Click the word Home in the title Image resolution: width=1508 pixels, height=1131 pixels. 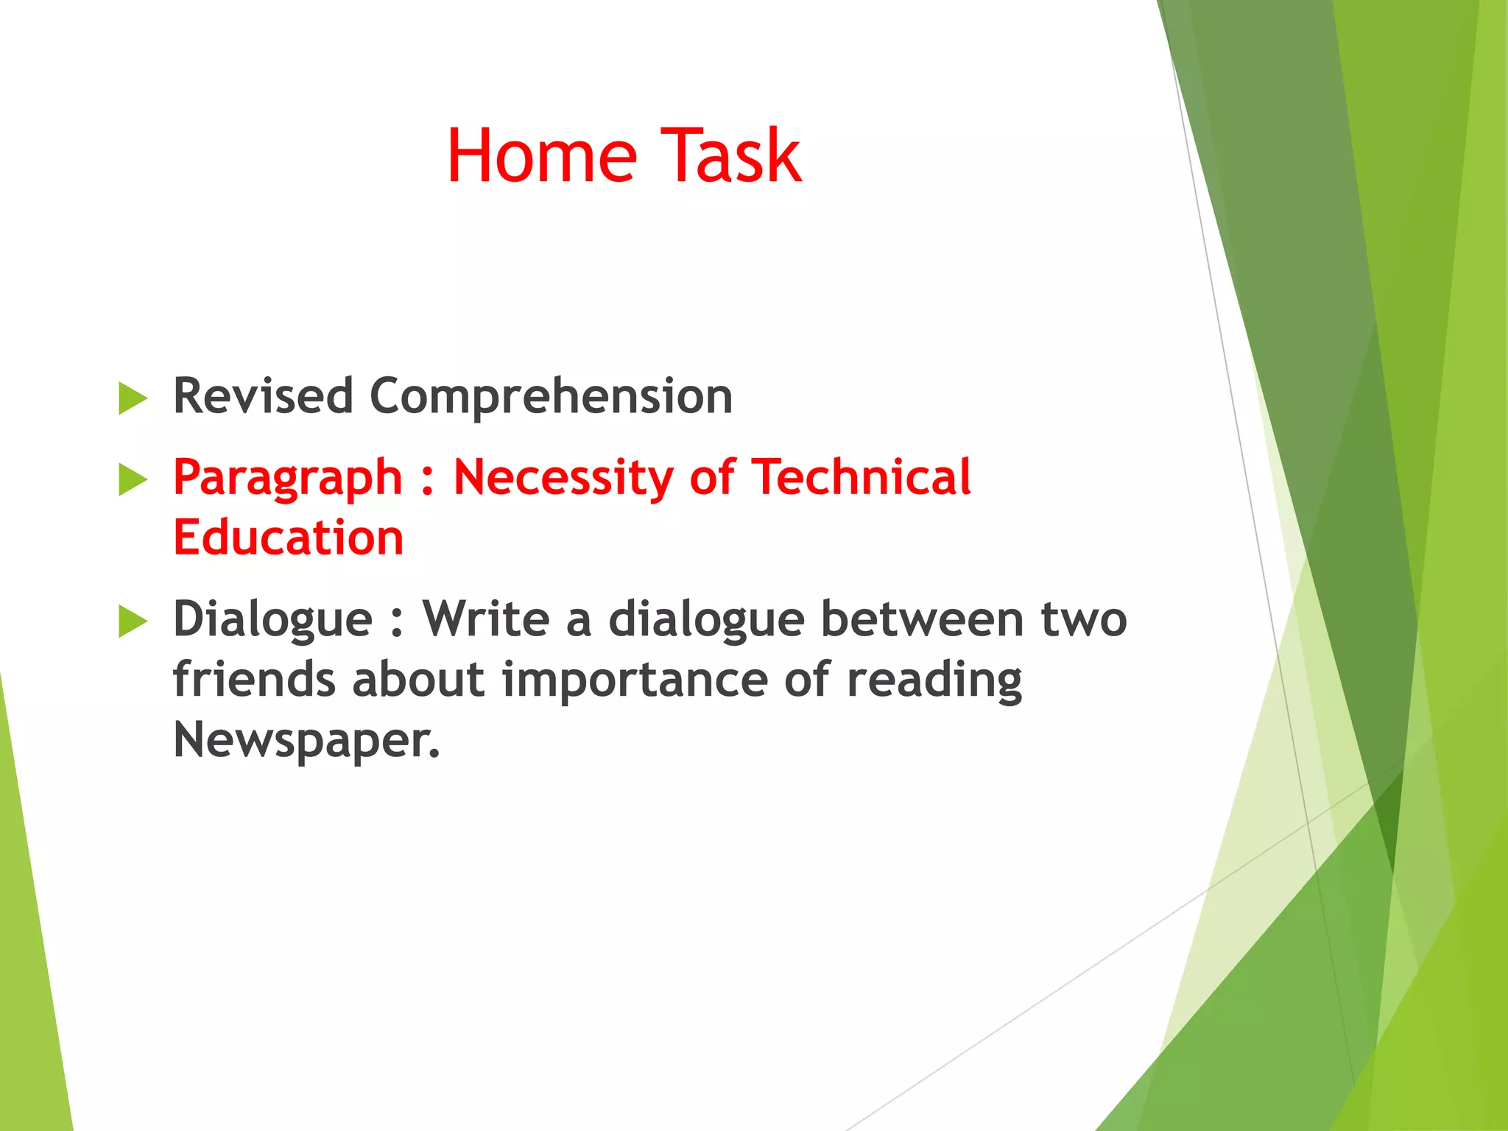pyautogui.click(x=541, y=156)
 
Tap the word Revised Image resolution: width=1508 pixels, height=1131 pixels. pyautogui.click(x=263, y=396)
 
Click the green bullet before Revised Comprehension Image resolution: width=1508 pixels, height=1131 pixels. pyautogui.click(x=133, y=398)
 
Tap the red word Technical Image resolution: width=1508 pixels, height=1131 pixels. pyautogui.click(x=861, y=476)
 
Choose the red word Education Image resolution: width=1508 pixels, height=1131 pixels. pyautogui.click(x=288, y=537)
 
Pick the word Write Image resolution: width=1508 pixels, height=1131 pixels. pyautogui.click(x=485, y=619)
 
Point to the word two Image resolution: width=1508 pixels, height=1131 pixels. pyautogui.click(x=1083, y=620)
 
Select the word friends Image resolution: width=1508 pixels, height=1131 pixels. pyautogui.click(x=254, y=679)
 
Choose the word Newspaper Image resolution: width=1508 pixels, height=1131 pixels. pyautogui.click(x=306, y=741)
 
